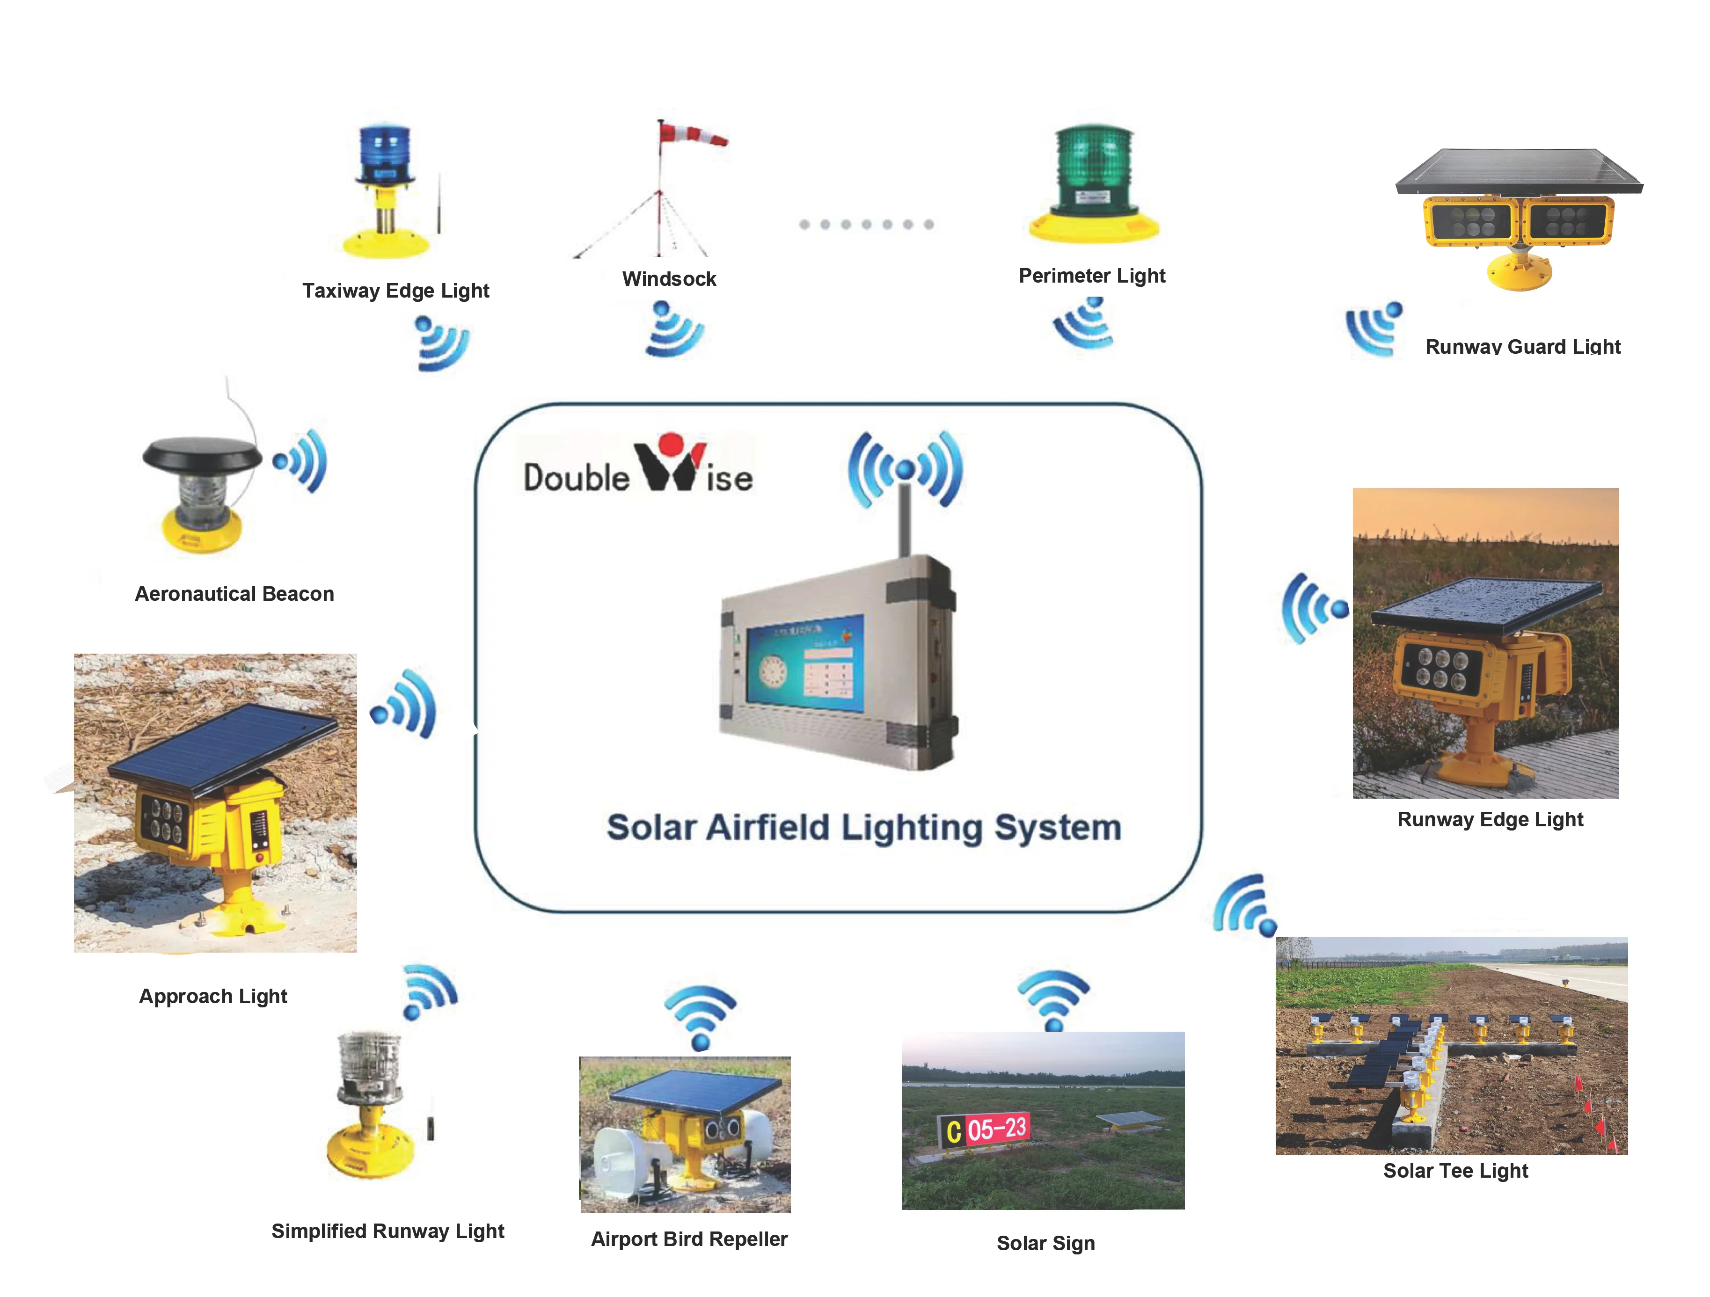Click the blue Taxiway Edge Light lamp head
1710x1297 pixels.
coord(384,152)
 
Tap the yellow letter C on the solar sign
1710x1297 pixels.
coord(953,1132)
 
